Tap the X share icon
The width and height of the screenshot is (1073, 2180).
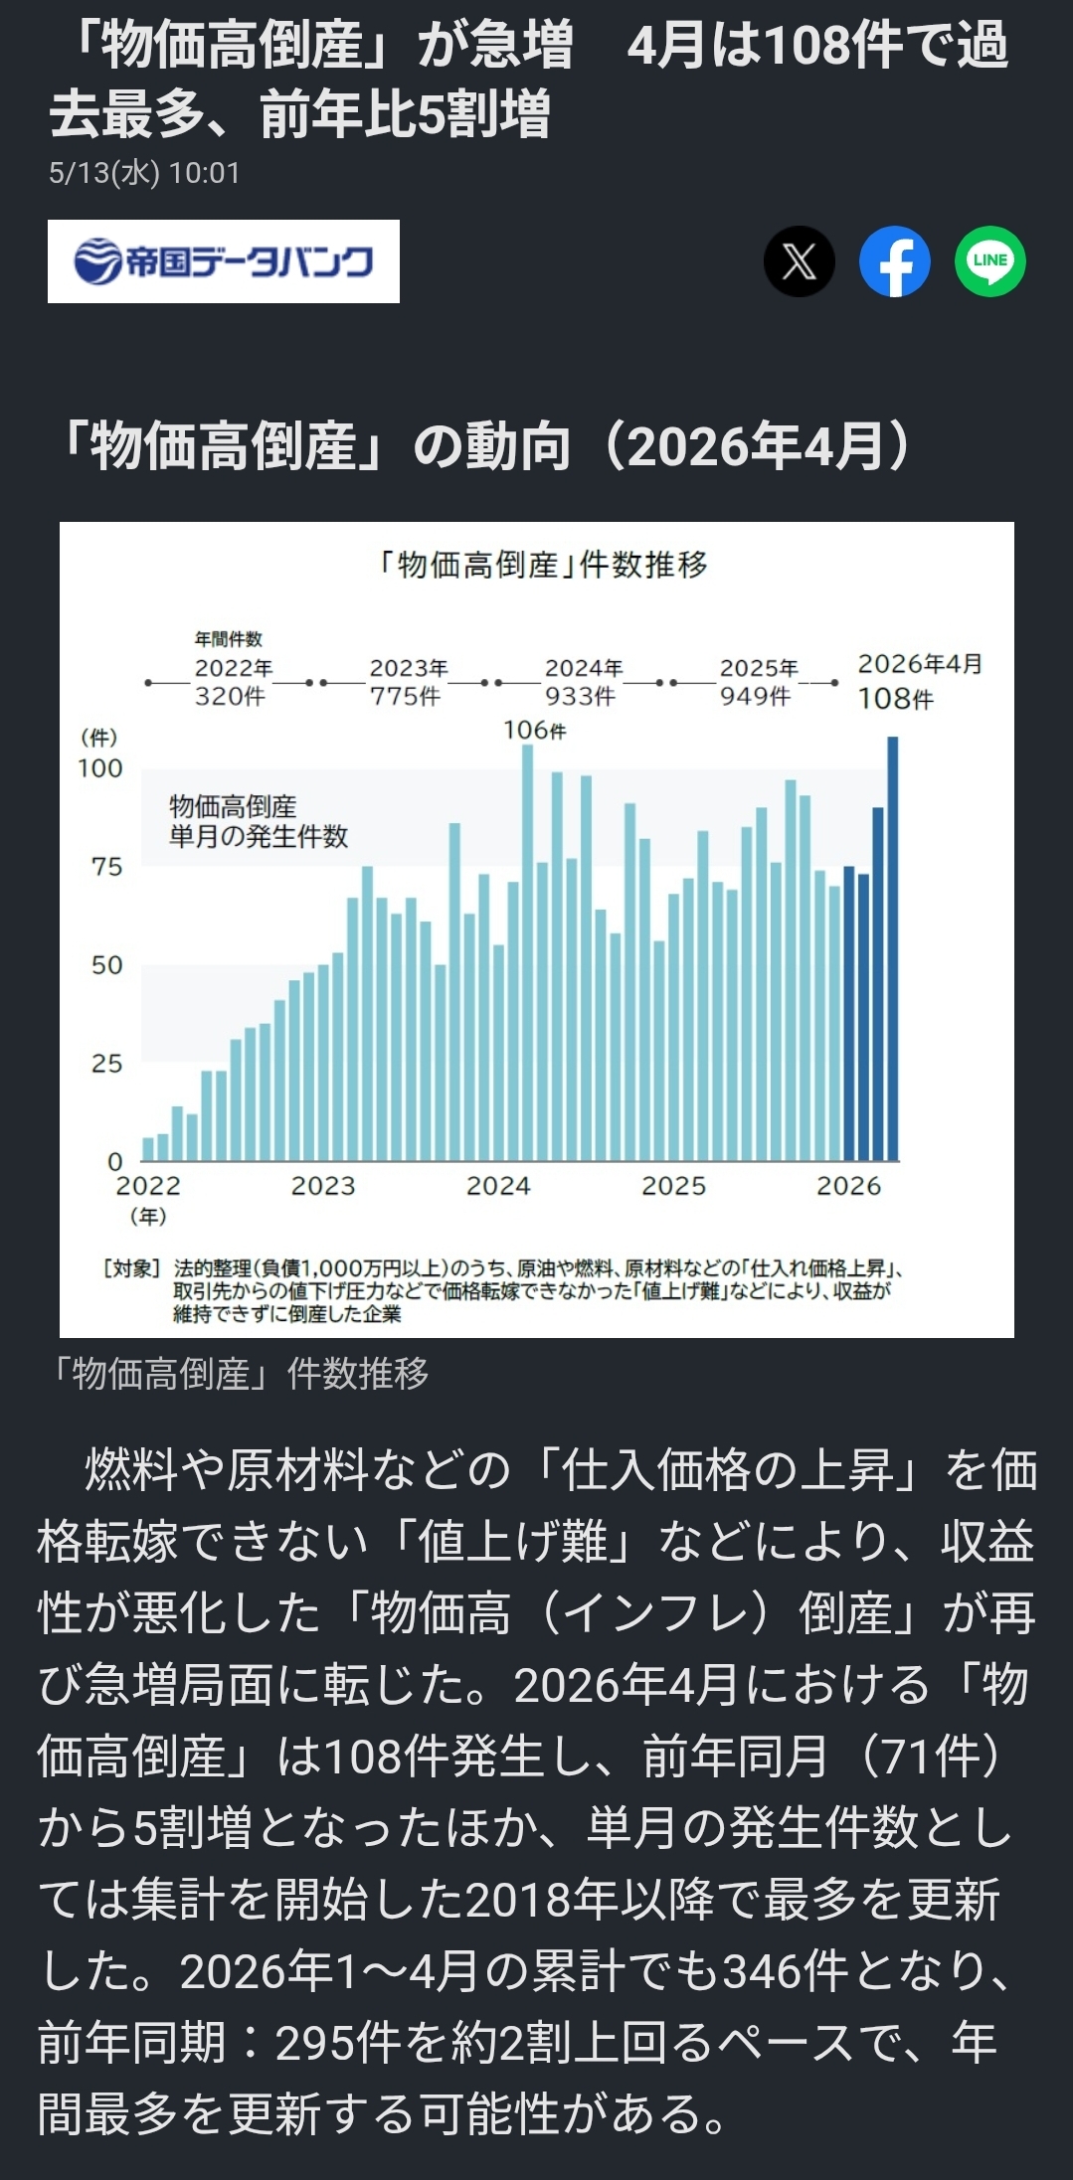800,260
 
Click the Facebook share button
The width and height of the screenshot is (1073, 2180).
895,260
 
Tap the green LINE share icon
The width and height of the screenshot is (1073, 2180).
990,260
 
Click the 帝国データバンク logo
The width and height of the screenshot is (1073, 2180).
224,261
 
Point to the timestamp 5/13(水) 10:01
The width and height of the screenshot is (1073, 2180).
144,173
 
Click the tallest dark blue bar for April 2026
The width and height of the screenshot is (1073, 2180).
892,948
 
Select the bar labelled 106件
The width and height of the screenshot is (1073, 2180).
527,952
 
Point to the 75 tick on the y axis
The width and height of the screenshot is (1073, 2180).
107,867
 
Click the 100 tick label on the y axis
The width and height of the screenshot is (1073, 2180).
100,768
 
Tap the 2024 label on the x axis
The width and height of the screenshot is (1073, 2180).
498,1186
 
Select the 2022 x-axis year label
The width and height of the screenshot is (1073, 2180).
148,1186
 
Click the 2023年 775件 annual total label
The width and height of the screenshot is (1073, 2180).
408,682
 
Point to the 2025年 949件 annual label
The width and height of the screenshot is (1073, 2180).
758,682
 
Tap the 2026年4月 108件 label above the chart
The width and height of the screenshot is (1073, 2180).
920,681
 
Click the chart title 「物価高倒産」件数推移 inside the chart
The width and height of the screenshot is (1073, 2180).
542,565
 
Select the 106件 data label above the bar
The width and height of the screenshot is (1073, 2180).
535,730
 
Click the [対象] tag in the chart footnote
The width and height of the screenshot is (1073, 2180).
131,1268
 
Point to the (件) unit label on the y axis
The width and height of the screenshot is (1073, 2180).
98,738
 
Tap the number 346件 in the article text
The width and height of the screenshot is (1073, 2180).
785,1971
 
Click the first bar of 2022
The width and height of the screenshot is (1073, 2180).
148,1149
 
